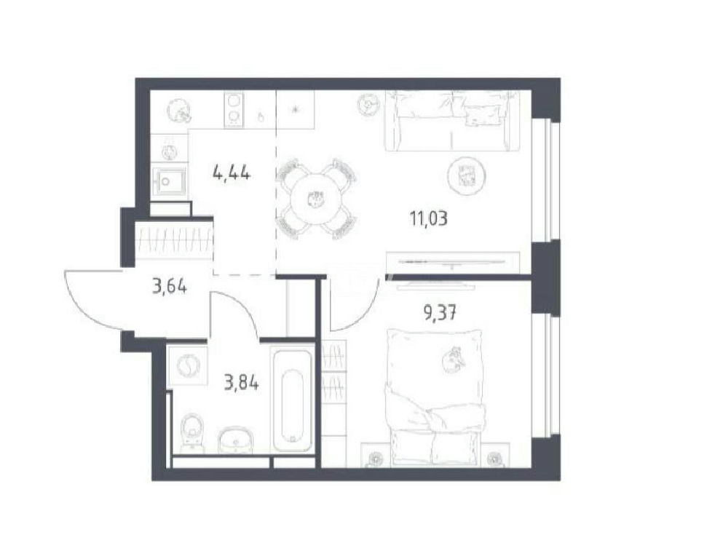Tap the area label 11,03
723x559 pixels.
click(x=429, y=218)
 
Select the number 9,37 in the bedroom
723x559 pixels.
click(x=440, y=314)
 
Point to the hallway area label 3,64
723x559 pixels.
click(x=169, y=287)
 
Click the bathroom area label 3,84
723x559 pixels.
click(x=241, y=383)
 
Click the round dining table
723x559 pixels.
click(x=316, y=200)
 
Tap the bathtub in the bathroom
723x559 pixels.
click(x=292, y=400)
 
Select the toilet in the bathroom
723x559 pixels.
click(x=191, y=432)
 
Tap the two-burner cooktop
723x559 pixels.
click(x=234, y=110)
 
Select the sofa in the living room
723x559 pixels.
click(x=451, y=121)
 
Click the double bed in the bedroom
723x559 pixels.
click(x=435, y=397)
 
